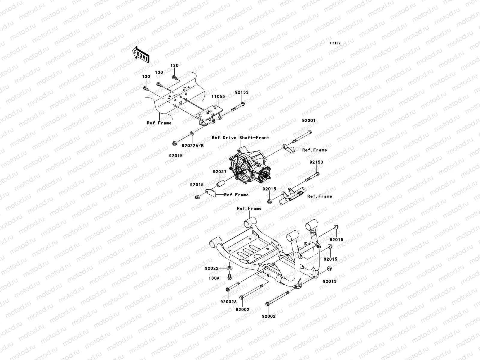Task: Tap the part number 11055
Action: tap(219, 97)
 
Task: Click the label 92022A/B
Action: tap(193, 145)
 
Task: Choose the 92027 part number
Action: tap(220, 172)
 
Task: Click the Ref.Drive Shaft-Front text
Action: tap(240, 138)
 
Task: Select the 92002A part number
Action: tap(228, 301)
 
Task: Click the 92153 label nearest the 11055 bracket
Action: tap(241, 93)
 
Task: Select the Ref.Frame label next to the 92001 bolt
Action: tap(314, 150)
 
